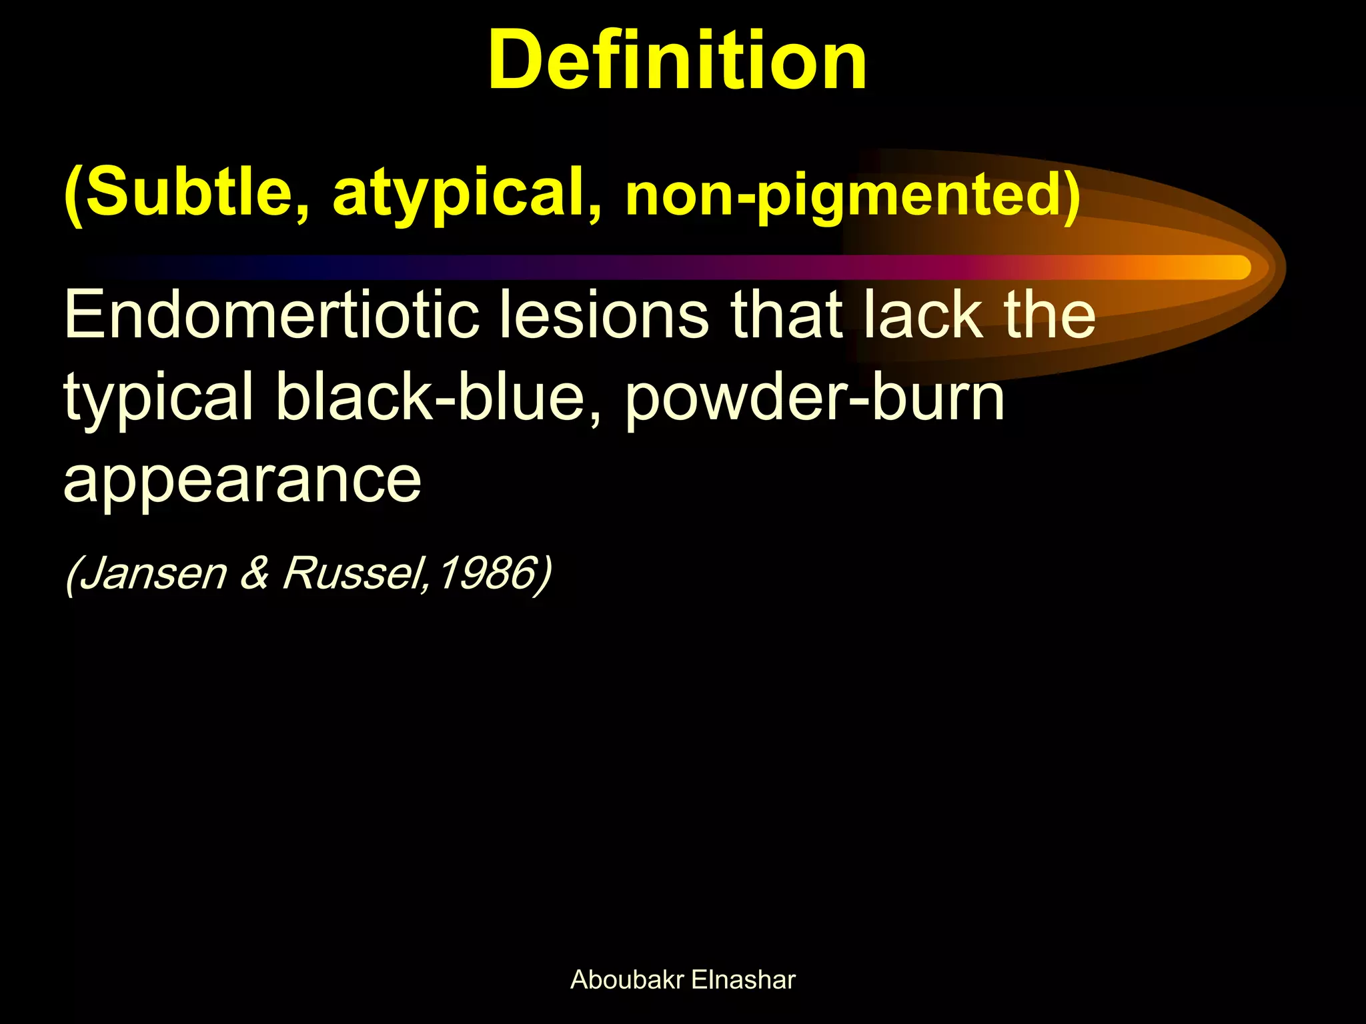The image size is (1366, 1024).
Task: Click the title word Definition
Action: click(677, 61)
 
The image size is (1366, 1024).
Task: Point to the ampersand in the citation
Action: click(254, 573)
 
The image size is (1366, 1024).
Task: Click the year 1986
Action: click(488, 573)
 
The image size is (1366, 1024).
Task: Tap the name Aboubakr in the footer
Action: click(627, 980)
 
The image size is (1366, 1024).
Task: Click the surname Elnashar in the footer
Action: click(743, 980)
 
